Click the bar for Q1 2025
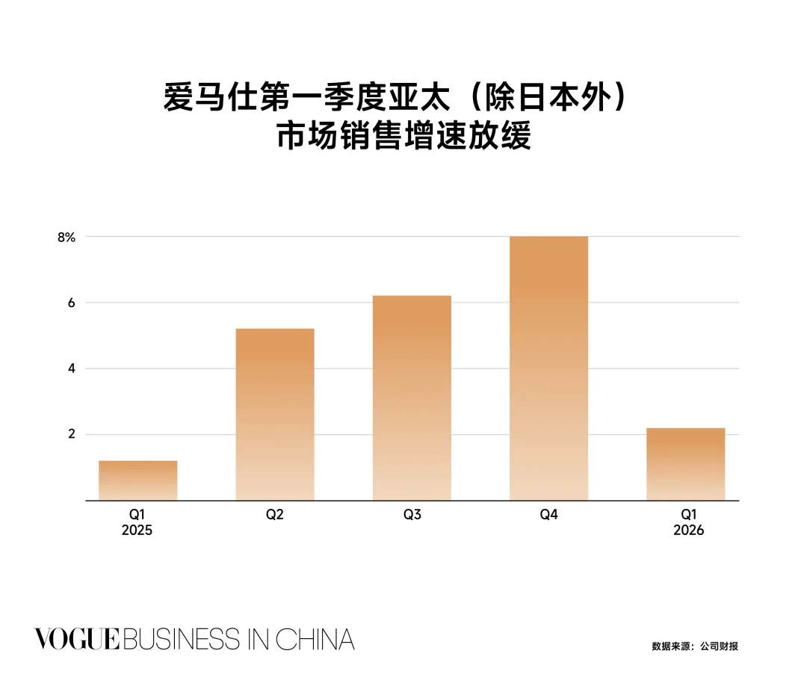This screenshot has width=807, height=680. point(138,480)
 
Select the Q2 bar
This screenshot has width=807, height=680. point(275,415)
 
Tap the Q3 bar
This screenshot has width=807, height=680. point(412,398)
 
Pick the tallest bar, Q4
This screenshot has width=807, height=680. point(548,368)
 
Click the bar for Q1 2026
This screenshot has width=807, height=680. point(685,464)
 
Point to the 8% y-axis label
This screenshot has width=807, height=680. point(67,238)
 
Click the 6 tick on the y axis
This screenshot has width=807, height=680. point(72,303)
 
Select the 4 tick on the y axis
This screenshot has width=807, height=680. point(72,368)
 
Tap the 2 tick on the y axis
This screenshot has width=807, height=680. point(72,434)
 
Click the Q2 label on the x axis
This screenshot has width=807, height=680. point(275,514)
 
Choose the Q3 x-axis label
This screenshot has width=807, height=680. point(412,514)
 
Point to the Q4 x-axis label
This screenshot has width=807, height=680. point(548,514)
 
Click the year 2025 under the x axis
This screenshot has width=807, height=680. point(137,531)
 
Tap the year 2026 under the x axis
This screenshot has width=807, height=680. point(689,531)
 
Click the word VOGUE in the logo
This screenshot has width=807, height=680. point(77,639)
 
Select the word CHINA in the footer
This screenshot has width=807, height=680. point(315,640)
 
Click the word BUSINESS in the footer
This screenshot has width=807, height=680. point(181,640)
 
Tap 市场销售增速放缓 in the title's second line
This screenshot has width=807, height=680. point(404,135)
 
